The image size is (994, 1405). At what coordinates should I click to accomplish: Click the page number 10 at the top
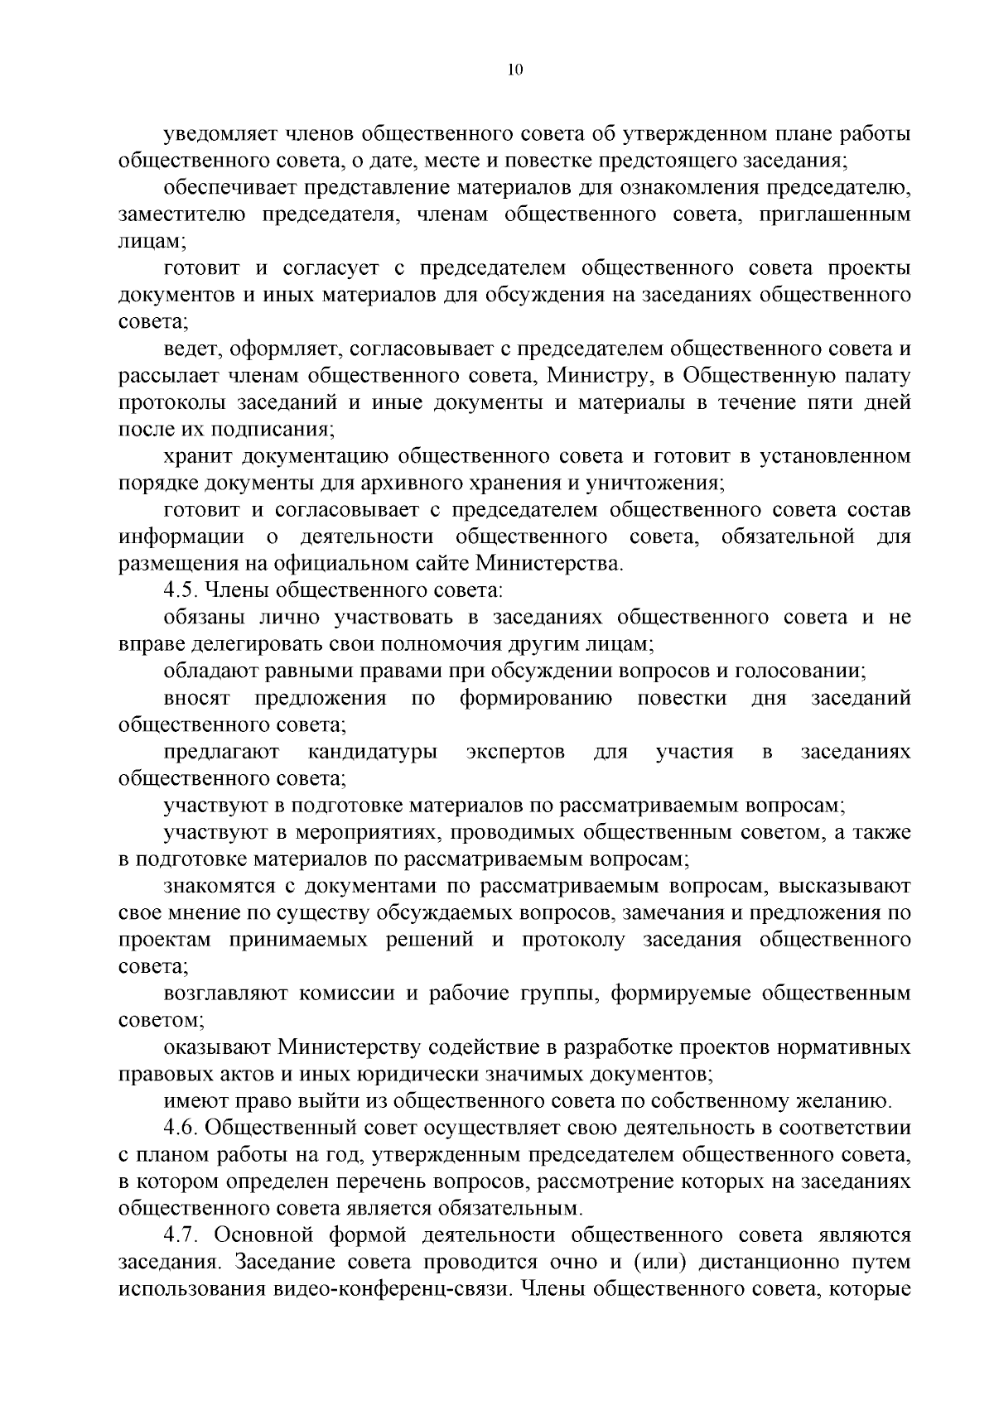pyautogui.click(x=514, y=70)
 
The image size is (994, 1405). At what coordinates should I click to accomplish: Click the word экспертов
pyautogui.click(x=516, y=752)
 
